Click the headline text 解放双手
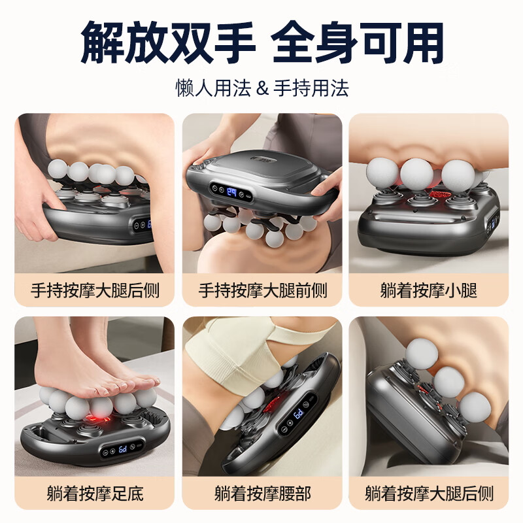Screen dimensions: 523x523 (x=167, y=43)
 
